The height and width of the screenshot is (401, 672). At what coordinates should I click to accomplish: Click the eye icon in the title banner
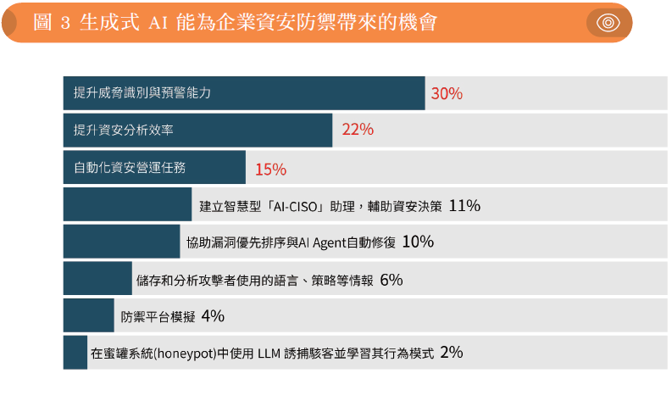click(x=608, y=23)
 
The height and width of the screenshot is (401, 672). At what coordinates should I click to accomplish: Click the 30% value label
click(x=447, y=93)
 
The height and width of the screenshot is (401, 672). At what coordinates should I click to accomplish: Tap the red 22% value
click(x=358, y=130)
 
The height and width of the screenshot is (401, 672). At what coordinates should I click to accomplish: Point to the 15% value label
click(x=270, y=169)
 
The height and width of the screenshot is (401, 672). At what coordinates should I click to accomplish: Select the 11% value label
click(x=464, y=205)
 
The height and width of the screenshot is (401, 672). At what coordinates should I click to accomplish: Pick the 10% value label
click(x=418, y=242)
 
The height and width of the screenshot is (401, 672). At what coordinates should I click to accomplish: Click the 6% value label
click(x=391, y=279)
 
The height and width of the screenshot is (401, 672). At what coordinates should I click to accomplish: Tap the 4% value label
click(x=213, y=316)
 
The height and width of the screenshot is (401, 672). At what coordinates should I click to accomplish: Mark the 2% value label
click(x=452, y=353)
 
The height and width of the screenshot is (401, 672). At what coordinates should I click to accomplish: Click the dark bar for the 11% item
click(x=127, y=204)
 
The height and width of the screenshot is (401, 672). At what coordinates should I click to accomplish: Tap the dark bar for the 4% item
click(x=88, y=315)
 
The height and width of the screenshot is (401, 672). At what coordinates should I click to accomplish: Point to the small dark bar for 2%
click(x=75, y=353)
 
